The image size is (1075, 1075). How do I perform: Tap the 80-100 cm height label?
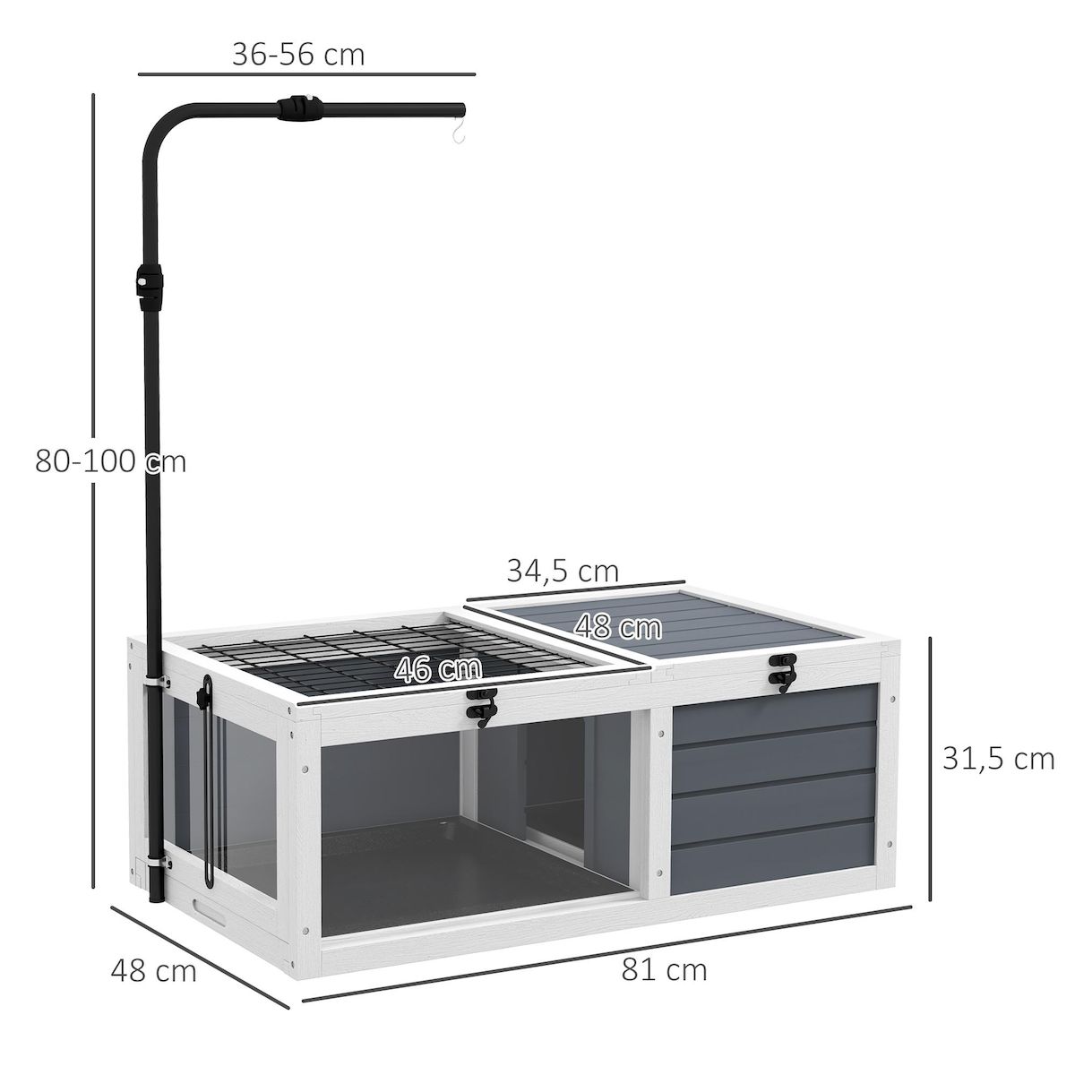(110, 461)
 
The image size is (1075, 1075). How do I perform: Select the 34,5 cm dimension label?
(563, 570)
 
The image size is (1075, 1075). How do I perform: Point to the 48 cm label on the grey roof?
(617, 627)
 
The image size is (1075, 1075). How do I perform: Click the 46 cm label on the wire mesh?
(438, 669)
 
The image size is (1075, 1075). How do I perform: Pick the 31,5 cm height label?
(998, 759)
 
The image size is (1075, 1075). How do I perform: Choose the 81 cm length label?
(664, 969)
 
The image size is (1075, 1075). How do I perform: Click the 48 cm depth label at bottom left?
(153, 970)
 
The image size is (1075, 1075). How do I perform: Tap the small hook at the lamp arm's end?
(460, 134)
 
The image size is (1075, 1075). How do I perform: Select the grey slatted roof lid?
(681, 627)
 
